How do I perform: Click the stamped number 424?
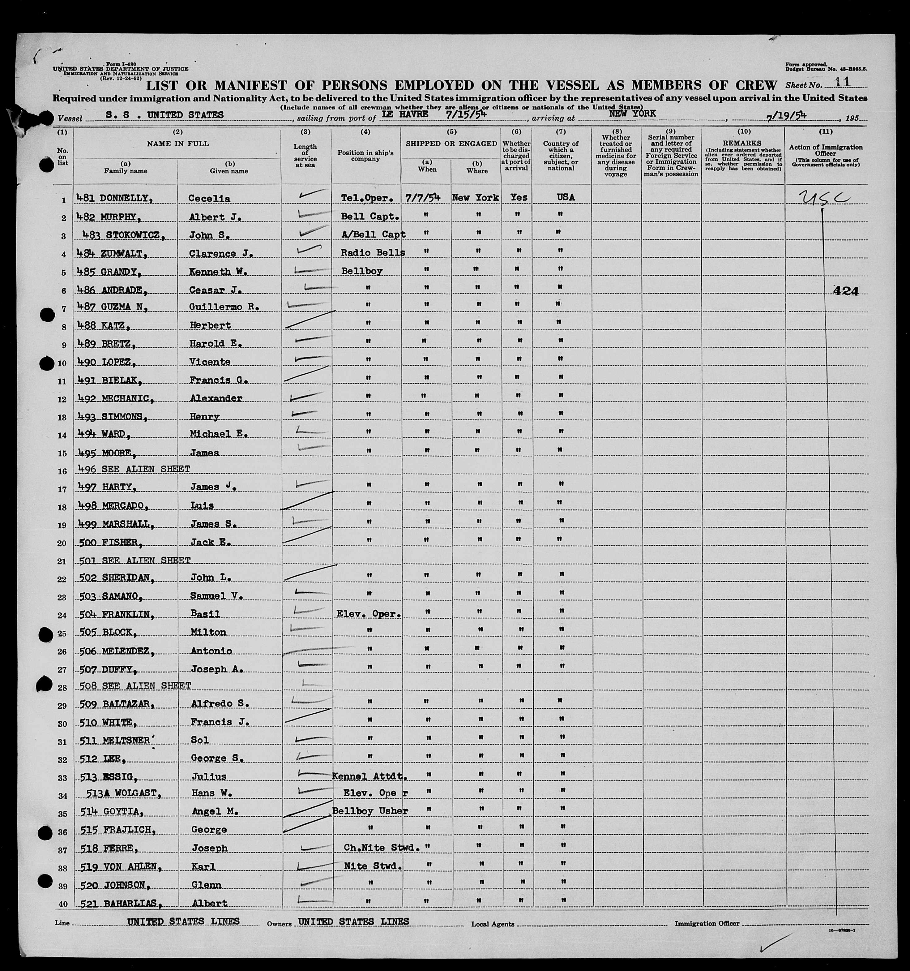[x=846, y=291]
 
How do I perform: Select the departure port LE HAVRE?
[x=405, y=114]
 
